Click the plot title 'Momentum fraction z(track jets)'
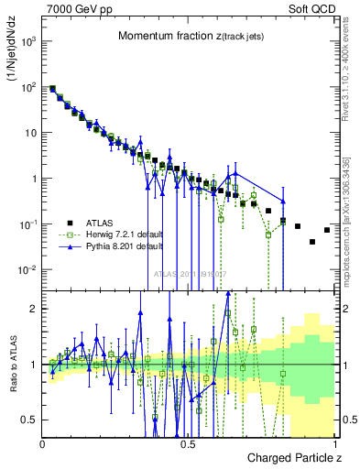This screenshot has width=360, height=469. [x=189, y=36]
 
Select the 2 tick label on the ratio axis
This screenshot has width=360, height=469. [x=33, y=309]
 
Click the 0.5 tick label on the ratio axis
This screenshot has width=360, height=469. [x=29, y=420]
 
